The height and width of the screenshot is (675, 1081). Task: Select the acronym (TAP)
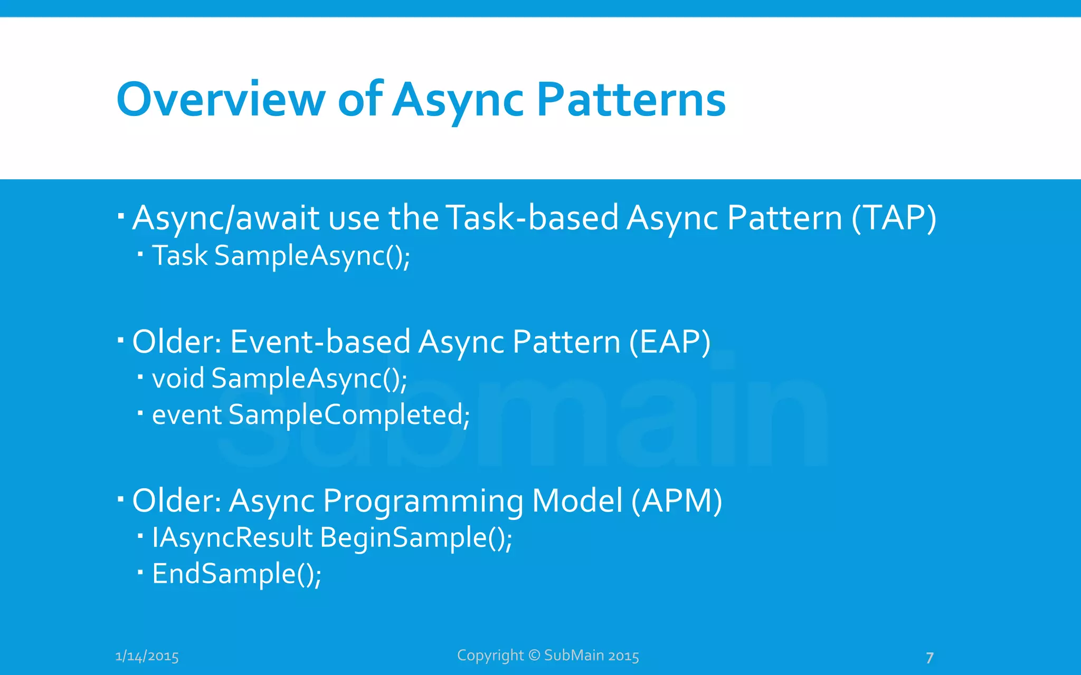click(894, 218)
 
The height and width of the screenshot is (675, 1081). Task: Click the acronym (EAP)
click(670, 342)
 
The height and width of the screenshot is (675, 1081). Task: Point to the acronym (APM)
click(677, 500)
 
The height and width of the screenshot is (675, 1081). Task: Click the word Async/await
click(226, 218)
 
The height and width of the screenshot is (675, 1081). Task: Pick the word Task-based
click(532, 218)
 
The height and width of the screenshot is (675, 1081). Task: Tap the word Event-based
click(320, 342)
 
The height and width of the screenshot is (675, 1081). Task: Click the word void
click(178, 378)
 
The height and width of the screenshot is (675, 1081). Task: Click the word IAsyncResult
click(232, 537)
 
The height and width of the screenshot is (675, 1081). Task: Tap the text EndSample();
click(236, 574)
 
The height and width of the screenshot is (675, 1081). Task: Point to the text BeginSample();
click(416, 538)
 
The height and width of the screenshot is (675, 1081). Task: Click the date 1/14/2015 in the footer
click(147, 656)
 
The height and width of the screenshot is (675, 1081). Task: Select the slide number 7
click(930, 658)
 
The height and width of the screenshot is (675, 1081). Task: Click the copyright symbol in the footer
click(534, 655)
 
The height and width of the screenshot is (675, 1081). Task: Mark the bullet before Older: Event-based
click(121, 341)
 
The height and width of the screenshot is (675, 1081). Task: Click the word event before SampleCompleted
click(187, 415)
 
